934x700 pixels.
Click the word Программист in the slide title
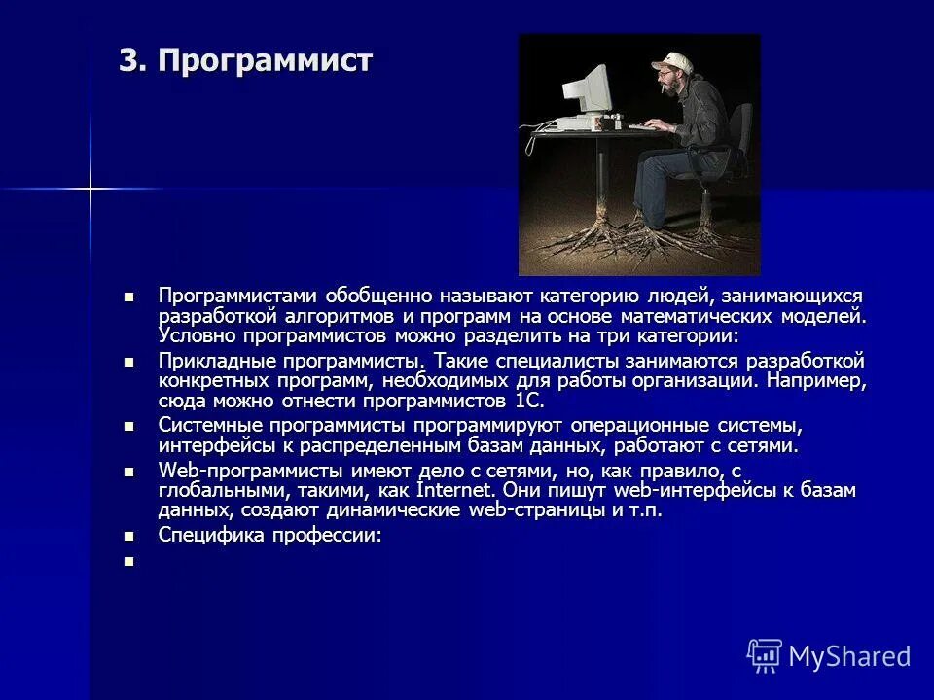coord(266,61)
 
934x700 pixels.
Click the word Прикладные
coord(213,361)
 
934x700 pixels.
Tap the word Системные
coord(208,426)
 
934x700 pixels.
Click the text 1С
coord(527,400)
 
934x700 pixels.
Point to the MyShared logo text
coord(849,656)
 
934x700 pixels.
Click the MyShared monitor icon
coord(764,654)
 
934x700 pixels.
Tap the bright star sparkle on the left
coord(90,188)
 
